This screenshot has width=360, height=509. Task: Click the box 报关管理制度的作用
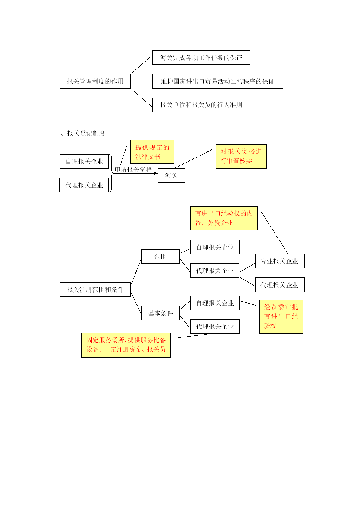pos(95,81)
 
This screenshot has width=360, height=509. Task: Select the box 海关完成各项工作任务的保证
pos(201,58)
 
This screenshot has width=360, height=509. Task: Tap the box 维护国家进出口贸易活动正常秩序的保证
pos(217,81)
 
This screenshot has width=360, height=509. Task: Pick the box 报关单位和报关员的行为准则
pos(201,105)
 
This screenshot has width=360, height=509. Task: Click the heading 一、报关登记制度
pos(80,133)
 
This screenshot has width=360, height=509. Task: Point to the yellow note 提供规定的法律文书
pos(152,152)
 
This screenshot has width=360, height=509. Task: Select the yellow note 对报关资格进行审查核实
pos(241,156)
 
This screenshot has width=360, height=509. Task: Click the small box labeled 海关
pos(171,176)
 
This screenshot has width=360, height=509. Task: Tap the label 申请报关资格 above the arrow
pos(133,169)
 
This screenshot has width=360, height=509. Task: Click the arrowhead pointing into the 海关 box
pos(156,173)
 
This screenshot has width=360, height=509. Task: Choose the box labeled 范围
pos(160,257)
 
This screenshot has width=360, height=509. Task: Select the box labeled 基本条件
pos(160,313)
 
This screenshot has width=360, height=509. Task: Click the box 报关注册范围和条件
pos(95,290)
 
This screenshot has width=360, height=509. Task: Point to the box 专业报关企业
pos(280,261)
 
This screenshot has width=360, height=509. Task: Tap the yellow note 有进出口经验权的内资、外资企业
pos(224,218)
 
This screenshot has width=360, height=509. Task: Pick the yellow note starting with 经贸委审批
pos(281,317)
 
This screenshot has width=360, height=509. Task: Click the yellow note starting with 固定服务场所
pos(126,345)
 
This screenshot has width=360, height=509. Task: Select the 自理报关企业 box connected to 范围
pos(215,247)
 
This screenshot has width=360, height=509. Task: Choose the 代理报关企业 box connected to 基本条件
pos(215,326)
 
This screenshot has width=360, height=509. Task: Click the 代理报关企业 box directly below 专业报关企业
pos(280,285)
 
